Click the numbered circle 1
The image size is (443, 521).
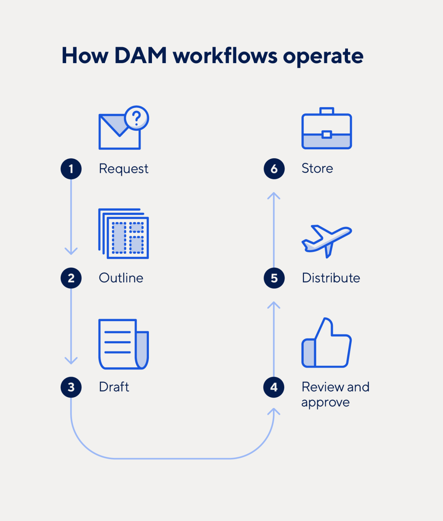71,169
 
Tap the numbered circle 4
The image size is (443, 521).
274,387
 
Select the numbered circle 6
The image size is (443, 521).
274,169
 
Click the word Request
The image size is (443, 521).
123,169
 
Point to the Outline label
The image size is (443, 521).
121,278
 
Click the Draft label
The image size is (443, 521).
114,387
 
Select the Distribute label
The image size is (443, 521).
331,278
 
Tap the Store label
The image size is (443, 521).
317,168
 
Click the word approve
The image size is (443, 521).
325,403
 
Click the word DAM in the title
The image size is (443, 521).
140,56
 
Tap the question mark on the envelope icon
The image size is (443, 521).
137,118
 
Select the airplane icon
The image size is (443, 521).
326,240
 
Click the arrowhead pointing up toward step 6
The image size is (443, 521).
274,196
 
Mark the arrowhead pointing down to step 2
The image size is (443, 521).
71,252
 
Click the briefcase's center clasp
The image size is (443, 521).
326,134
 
